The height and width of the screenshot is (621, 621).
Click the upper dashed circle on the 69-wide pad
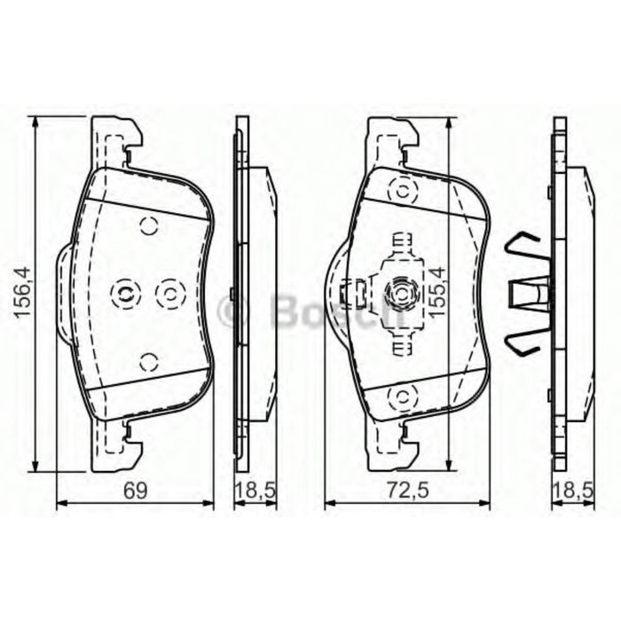click(149, 225)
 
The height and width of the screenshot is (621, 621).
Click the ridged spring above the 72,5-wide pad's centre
click(403, 241)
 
